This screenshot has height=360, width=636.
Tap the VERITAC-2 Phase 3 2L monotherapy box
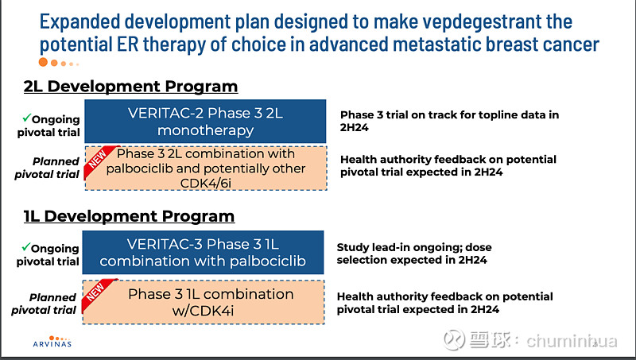point(204,121)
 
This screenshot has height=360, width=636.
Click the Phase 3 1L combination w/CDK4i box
point(204,301)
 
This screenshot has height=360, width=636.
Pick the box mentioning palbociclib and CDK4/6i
point(204,168)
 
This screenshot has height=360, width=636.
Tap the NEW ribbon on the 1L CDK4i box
point(96,292)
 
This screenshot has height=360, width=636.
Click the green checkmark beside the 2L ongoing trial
point(25,118)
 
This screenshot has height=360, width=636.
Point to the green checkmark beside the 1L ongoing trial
point(25,248)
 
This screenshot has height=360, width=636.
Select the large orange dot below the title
point(44,62)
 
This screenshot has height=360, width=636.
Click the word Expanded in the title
point(84,21)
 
